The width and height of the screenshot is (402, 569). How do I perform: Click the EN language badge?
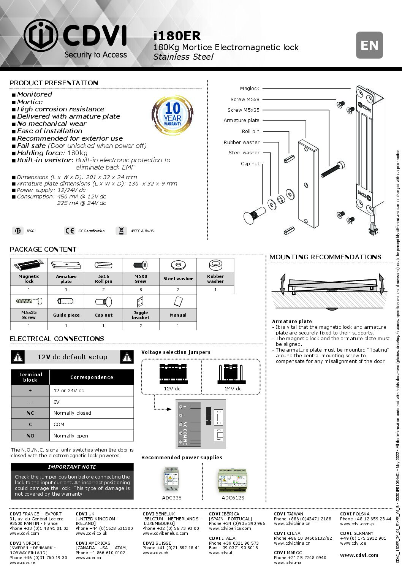(x=369, y=45)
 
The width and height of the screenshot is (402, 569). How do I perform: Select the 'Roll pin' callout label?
(x=250, y=131)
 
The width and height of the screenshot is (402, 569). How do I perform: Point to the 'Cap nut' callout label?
(x=250, y=163)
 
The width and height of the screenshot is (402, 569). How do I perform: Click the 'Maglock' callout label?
(x=249, y=88)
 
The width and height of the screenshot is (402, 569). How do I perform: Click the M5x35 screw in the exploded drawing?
(x=332, y=170)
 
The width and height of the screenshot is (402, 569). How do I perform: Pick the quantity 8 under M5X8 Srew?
(x=141, y=290)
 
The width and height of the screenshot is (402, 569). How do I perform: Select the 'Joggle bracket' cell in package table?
(x=141, y=315)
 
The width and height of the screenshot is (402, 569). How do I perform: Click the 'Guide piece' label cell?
(x=66, y=315)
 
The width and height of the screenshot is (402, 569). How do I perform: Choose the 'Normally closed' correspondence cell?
(x=91, y=413)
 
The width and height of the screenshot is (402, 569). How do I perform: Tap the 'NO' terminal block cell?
(x=30, y=436)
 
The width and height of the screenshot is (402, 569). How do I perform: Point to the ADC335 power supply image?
(x=172, y=479)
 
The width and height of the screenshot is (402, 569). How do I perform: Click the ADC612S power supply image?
(x=233, y=479)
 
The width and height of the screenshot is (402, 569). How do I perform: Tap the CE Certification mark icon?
(x=70, y=231)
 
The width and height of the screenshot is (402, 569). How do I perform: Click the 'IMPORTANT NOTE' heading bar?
(x=72, y=467)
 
